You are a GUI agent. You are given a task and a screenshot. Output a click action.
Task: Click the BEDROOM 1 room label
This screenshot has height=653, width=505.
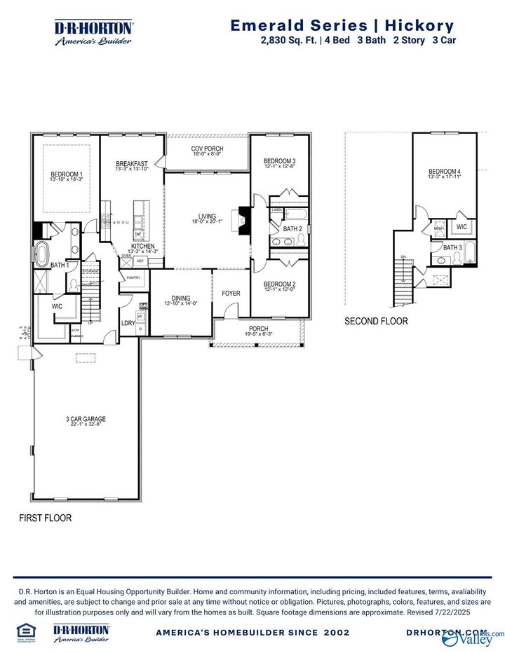tap(67, 174)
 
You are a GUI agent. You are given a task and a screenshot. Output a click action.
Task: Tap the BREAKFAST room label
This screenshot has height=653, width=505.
tap(132, 164)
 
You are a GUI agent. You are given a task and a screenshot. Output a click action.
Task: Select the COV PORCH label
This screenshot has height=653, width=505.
tap(207, 149)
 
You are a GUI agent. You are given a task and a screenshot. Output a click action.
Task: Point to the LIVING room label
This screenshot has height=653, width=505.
tap(207, 216)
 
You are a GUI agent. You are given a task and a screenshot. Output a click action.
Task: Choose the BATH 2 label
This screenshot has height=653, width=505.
tap(292, 229)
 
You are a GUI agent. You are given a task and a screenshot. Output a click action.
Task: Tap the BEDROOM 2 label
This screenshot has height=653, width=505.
tap(280, 284)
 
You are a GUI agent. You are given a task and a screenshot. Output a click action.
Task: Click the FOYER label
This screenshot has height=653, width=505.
tap(231, 294)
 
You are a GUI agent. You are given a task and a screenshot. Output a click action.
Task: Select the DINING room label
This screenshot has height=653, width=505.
tap(181, 298)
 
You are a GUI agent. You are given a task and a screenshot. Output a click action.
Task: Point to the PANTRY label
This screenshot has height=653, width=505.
tap(133, 278)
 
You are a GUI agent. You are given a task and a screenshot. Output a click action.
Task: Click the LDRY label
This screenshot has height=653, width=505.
tap(128, 323)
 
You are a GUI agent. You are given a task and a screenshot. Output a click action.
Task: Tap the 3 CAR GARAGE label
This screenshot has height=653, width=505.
tap(86, 420)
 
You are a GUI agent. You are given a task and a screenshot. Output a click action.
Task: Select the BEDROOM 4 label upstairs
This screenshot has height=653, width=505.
tap(445, 172)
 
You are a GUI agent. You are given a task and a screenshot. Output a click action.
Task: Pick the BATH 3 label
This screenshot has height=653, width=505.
tap(452, 247)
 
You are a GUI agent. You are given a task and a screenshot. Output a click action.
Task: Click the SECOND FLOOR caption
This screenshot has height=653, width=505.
tap(375, 322)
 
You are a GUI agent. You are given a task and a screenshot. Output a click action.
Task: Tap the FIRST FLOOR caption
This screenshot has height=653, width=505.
tap(45, 518)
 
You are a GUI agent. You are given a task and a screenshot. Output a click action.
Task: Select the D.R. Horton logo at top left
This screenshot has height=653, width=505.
tap(94, 32)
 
